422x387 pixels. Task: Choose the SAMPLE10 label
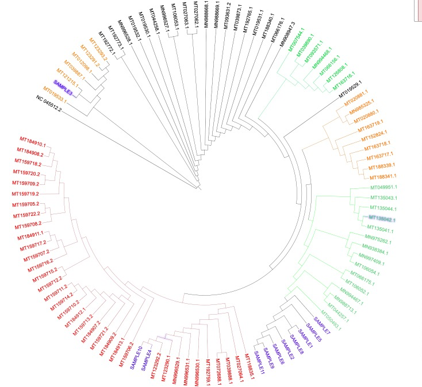139,354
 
